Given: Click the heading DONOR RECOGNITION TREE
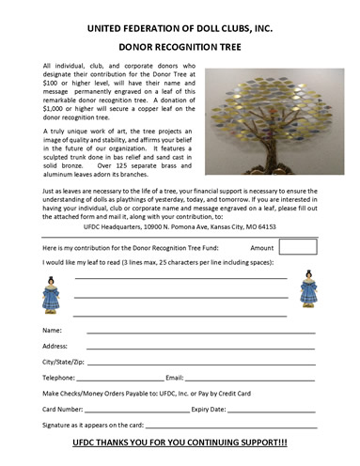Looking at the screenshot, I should click(x=180, y=43).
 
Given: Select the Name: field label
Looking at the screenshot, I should click(x=53, y=332).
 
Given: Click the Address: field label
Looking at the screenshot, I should click(x=57, y=346).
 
